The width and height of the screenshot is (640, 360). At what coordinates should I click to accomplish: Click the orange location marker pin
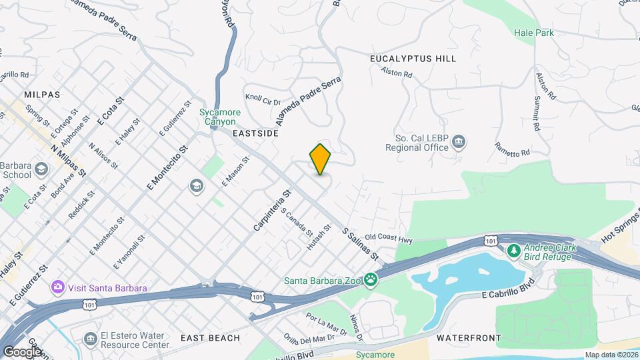point(321,159)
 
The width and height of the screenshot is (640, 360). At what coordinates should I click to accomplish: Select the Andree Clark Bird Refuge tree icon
point(514,251)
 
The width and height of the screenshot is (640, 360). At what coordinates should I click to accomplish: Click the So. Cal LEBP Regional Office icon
point(459,141)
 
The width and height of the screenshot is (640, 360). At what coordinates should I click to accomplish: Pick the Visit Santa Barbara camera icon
point(58,287)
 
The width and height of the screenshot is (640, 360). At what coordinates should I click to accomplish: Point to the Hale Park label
point(534,32)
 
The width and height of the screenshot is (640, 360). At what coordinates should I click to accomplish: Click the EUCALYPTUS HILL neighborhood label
point(413,59)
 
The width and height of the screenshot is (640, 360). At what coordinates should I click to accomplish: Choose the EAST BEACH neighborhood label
point(210,338)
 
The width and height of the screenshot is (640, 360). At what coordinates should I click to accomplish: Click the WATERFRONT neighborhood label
point(469,339)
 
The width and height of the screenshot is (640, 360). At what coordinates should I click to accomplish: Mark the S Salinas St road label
point(360,245)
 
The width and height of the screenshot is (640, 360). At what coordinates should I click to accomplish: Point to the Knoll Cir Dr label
point(263,101)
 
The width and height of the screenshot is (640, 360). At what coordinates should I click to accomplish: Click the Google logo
point(21,351)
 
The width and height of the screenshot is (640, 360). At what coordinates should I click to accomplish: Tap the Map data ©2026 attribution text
point(611,355)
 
